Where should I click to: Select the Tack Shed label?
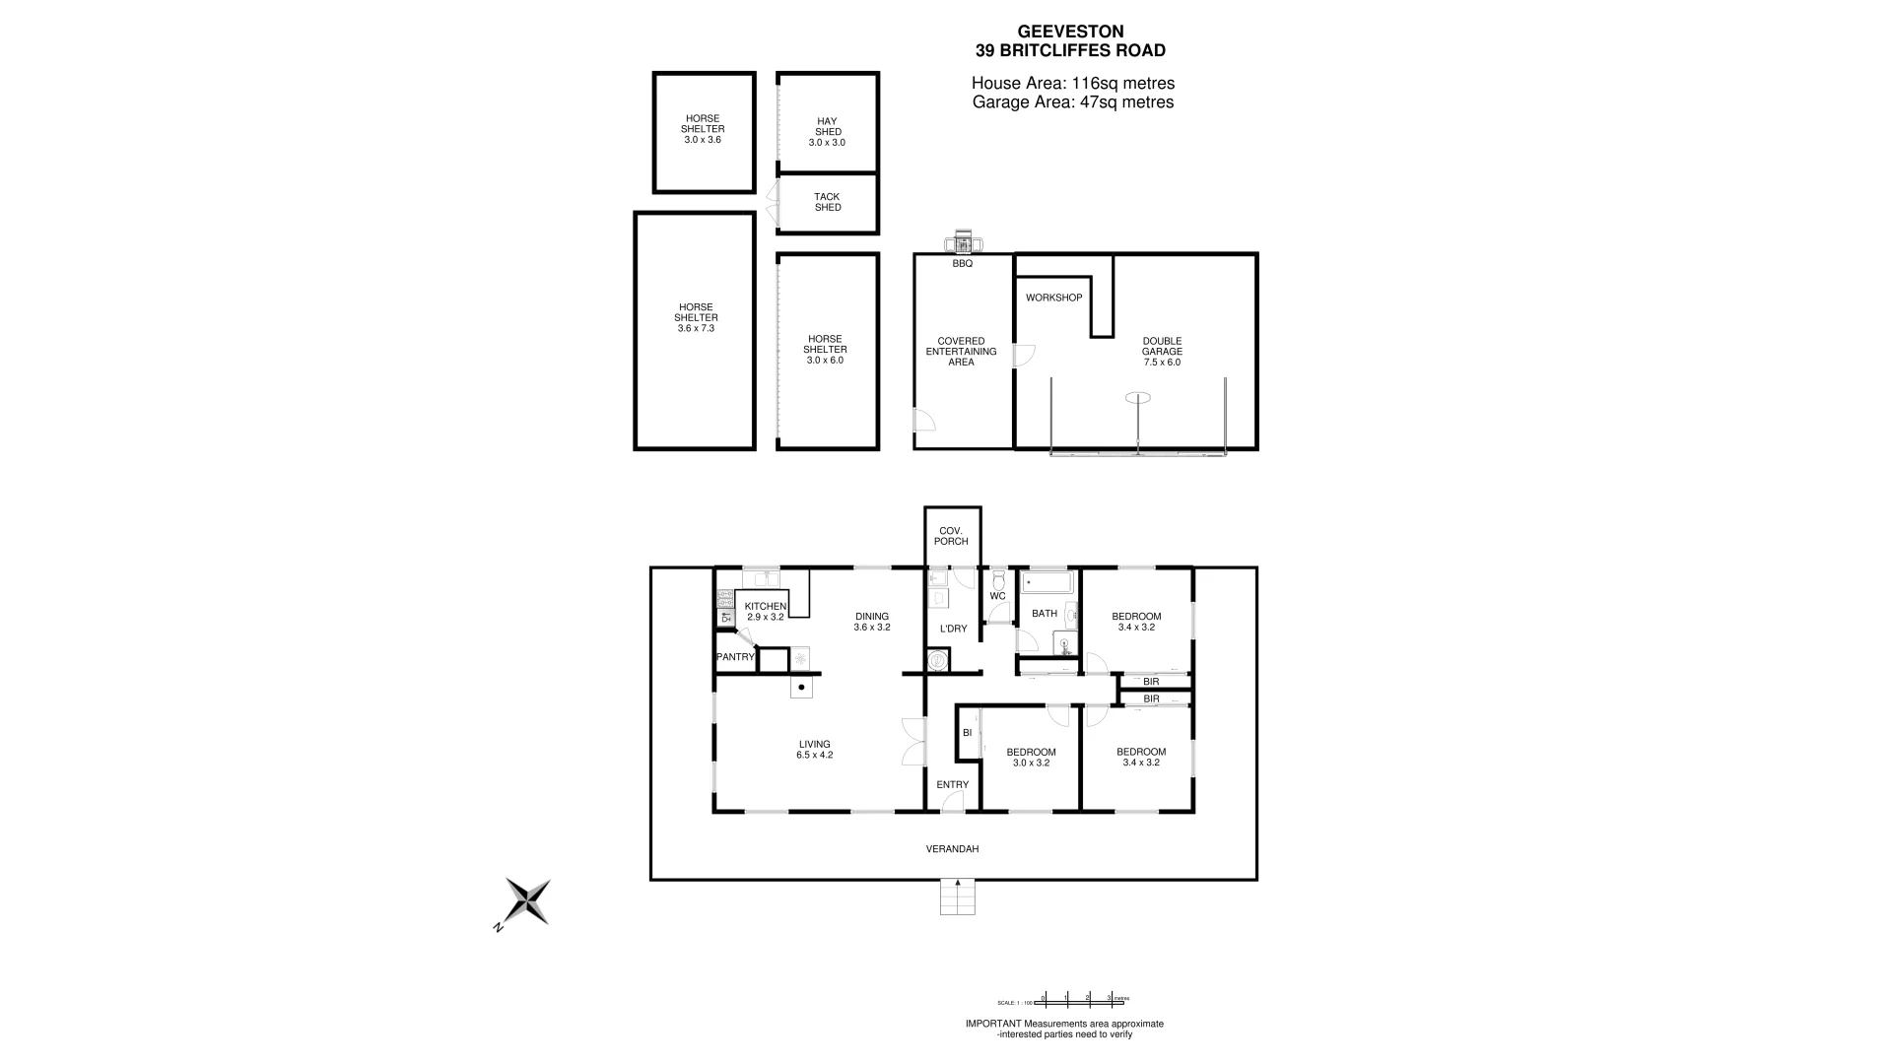(x=827, y=202)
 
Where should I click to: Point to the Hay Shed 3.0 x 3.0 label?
(x=827, y=132)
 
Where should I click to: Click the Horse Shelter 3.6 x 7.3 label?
(x=696, y=317)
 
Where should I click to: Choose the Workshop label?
(x=1053, y=298)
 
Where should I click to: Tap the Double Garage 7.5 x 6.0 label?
(x=1162, y=352)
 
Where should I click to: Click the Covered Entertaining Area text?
(x=961, y=352)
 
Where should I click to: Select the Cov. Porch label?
(x=951, y=536)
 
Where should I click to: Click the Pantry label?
(x=735, y=657)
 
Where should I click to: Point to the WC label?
(x=997, y=596)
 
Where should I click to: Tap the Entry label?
(x=952, y=785)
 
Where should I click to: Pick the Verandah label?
(x=952, y=849)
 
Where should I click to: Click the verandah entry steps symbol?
(x=957, y=897)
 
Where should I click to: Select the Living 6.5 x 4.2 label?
(x=815, y=750)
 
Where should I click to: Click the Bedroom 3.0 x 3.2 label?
(x=1031, y=757)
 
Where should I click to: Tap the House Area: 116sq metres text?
(x=1072, y=84)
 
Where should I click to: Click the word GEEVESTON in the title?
(x=1070, y=33)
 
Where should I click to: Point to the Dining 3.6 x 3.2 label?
(x=872, y=622)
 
